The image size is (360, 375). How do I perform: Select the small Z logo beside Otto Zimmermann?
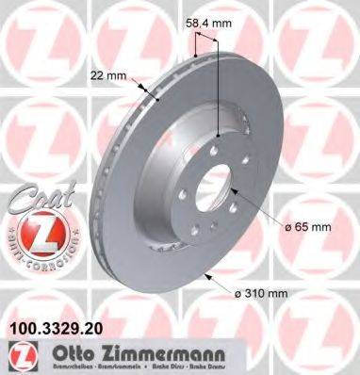tap(19, 355)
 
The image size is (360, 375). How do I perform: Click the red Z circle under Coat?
tap(35, 230)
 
